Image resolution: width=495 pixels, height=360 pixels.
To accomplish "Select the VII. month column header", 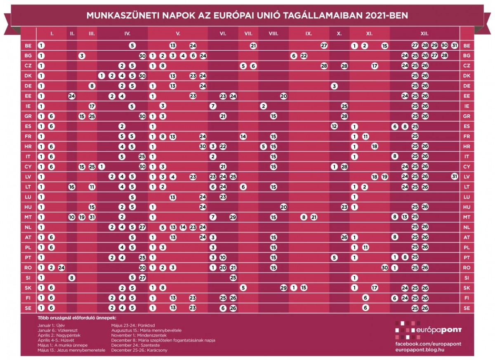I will coord(248,34).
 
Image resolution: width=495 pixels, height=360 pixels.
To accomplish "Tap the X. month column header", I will coord(339,34).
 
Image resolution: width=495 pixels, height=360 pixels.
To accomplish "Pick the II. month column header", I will coord(72,34).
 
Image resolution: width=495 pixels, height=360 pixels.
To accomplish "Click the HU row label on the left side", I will coord(28,207).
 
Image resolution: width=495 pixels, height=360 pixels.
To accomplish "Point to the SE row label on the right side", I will coord(467,308).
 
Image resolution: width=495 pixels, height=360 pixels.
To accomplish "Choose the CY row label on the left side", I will coord(28,167).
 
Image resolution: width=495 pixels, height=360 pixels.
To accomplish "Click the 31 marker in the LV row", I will coord(455,177).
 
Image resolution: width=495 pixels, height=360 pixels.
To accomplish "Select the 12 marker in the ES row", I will coord(334,126).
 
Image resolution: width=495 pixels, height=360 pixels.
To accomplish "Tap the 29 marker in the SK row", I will coord(283,288).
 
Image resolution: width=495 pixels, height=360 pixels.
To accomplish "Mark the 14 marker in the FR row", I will coord(243,136).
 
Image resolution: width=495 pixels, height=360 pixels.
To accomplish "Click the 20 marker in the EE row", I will coord(283,96).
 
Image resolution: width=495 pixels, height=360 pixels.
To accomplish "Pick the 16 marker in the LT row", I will coord(72,187).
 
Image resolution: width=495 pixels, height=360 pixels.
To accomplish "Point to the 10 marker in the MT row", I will coord(72,217).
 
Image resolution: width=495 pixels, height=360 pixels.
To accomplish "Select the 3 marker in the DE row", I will coord(334,86).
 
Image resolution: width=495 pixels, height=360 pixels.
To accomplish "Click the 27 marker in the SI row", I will coord(142,278).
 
